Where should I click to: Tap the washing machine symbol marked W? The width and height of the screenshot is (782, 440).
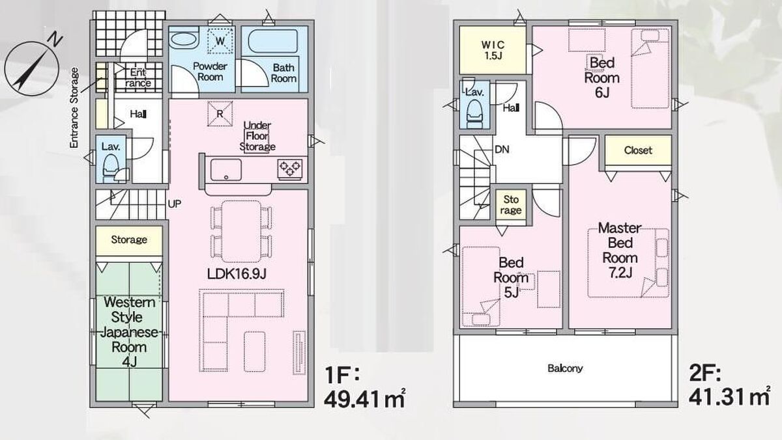pos(220,40)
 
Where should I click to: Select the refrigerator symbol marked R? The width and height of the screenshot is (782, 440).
pos(220,113)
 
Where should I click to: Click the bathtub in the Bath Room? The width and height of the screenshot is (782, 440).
pos(273,42)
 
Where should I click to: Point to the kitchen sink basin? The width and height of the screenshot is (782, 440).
pos(226,170)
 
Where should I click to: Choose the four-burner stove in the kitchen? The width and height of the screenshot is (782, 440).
pos(290,169)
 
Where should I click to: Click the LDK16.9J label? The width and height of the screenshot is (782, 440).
pos(237,274)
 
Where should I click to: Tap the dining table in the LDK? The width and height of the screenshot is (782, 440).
pos(241,231)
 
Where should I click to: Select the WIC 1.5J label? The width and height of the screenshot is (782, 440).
pos(493,50)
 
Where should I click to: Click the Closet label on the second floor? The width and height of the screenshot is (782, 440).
pos(638,150)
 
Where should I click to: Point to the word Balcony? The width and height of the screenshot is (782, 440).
pos(565,368)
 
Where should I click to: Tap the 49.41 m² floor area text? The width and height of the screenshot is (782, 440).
pos(364,399)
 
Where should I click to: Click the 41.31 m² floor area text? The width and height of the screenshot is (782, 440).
pos(730,397)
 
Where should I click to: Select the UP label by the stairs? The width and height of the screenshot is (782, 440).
pos(175,204)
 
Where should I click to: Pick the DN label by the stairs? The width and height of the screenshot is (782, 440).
pos(502,150)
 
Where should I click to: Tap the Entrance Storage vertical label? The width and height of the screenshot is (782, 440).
pos(74,108)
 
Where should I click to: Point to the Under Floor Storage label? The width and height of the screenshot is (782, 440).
pos(257,136)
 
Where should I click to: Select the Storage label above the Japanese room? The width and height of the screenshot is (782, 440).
pos(129,240)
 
